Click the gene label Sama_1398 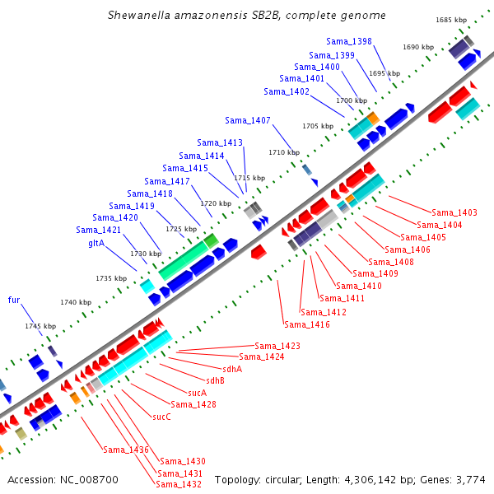349,41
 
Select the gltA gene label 96,243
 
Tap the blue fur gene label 14,300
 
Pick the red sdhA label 232,369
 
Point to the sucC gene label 161,417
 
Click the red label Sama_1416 307,324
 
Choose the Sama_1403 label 454,212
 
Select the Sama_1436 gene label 126,450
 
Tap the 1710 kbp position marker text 284,152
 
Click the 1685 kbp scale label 451,20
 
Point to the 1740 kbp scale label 76,302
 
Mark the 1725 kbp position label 181,229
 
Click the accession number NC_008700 89,480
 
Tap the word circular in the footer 283,480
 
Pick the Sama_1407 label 248,120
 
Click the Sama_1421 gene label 98,230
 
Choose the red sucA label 198,393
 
